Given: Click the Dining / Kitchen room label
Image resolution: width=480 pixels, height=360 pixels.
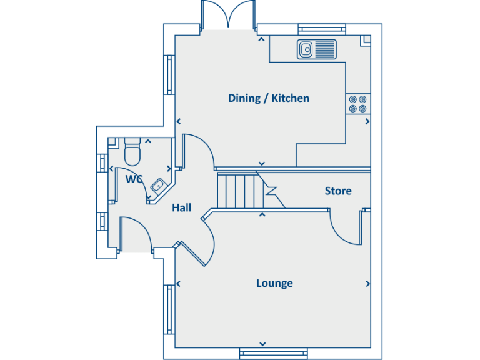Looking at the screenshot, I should (x=268, y=98).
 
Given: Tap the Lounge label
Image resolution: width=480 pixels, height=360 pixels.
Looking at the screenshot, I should (x=274, y=283).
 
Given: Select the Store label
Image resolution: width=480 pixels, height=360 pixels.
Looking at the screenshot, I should (x=337, y=191).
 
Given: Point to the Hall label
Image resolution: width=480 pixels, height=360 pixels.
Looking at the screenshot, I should (x=181, y=207).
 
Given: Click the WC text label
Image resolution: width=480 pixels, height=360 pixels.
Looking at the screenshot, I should (x=134, y=179).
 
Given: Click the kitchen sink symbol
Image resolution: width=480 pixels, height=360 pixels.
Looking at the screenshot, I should (x=316, y=49).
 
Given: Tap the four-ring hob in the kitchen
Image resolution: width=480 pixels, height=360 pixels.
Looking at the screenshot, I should (x=357, y=104).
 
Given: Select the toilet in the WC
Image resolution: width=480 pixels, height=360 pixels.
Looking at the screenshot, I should (x=132, y=150).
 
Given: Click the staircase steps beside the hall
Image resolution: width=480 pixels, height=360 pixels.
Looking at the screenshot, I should (x=237, y=191).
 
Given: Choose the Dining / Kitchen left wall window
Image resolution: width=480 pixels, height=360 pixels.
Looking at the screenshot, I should (x=168, y=75).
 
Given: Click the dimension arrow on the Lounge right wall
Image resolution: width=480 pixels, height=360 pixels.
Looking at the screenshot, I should (x=367, y=284).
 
